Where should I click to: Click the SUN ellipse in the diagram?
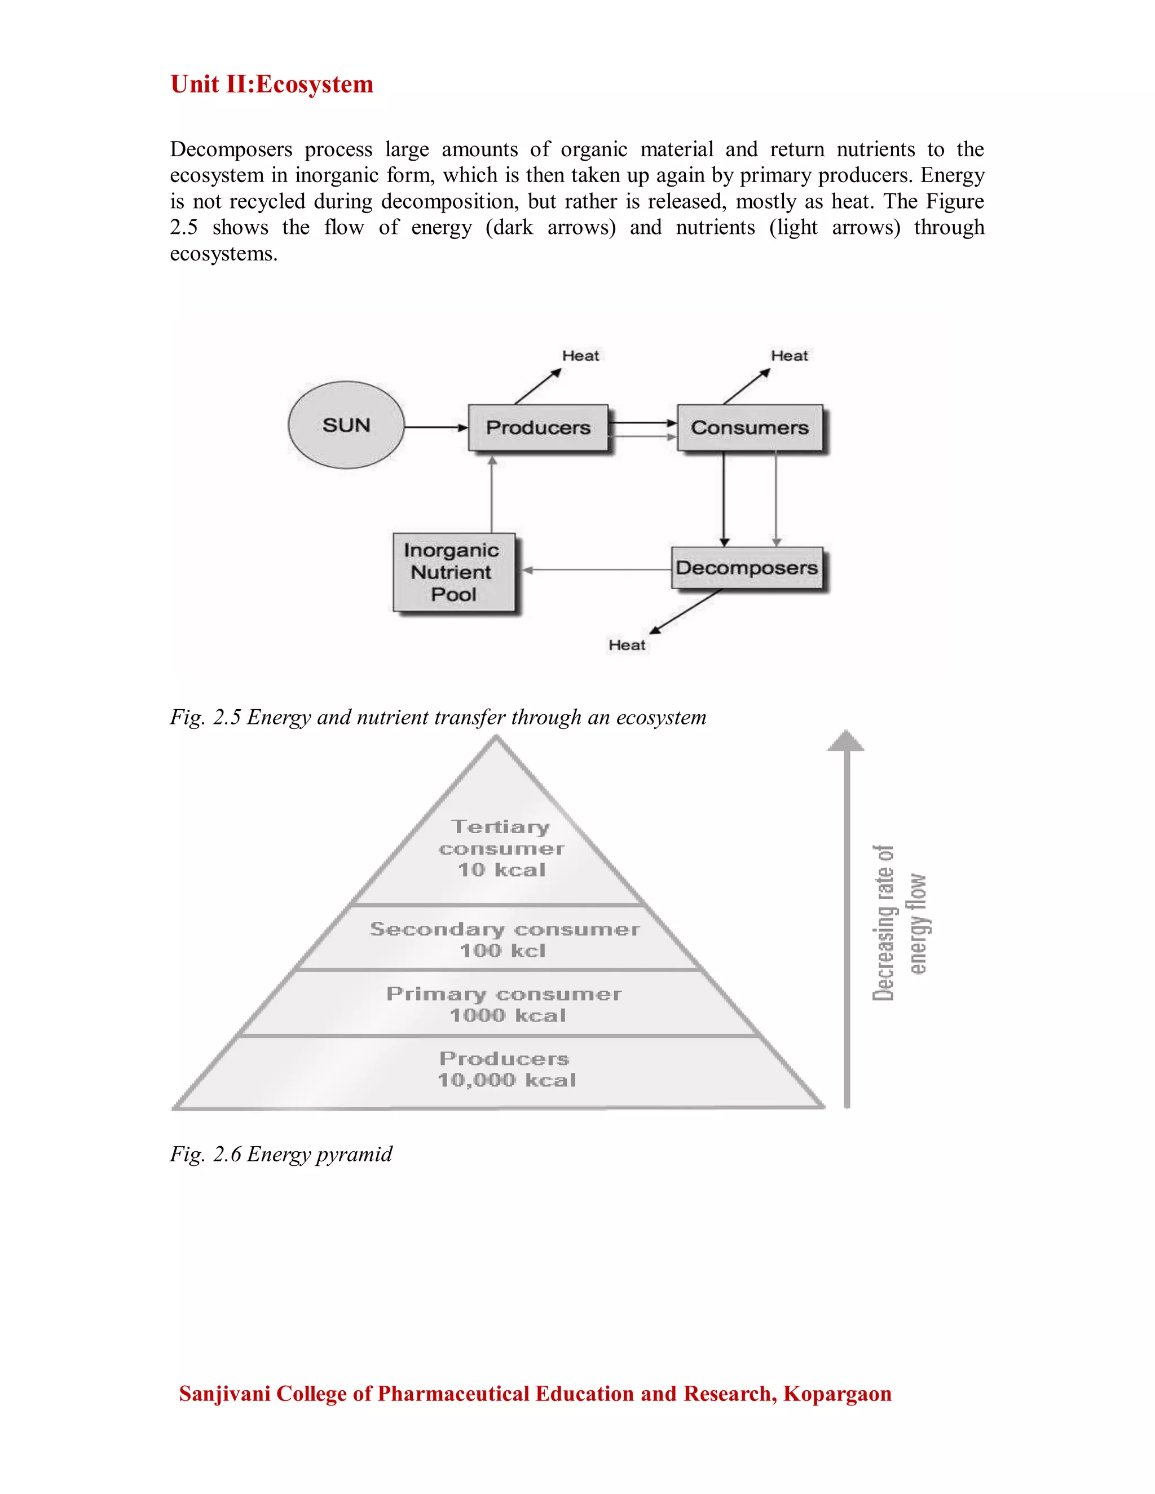[346, 425]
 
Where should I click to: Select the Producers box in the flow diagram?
[538, 427]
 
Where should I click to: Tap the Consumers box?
[750, 427]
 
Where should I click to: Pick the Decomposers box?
[747, 568]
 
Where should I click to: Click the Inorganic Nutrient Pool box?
[453, 572]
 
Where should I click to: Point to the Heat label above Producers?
[580, 356]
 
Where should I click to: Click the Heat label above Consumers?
[789, 356]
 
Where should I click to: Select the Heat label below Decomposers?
[627, 645]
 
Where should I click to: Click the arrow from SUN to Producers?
[436, 427]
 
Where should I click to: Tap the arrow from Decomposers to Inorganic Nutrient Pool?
[596, 569]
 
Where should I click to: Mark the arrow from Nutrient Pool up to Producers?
[492, 496]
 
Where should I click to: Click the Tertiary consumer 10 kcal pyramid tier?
[501, 848]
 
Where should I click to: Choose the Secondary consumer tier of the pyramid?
[504, 939]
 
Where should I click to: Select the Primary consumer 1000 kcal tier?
[504, 1004]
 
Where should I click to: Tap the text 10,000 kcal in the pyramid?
[506, 1080]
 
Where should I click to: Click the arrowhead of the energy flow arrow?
[847, 741]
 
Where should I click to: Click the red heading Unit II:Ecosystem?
[272, 84]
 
